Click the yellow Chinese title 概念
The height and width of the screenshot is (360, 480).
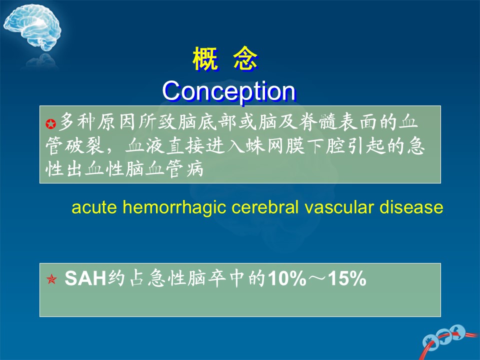(225, 59)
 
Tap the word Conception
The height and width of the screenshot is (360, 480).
(228, 91)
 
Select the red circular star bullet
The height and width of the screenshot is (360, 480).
(51, 123)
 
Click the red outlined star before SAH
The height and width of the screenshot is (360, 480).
(51, 279)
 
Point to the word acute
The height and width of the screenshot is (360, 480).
(94, 207)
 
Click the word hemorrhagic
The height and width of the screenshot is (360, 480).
(174, 208)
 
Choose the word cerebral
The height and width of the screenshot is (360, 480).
(265, 207)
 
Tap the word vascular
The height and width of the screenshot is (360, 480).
(339, 207)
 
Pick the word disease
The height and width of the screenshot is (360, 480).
(411, 207)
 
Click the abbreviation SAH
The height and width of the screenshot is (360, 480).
(85, 278)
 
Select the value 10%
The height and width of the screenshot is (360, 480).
(287, 278)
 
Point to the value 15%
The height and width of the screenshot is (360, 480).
(347, 278)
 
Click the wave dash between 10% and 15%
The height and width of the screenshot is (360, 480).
(317, 278)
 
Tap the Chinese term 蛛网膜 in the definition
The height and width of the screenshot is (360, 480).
(275, 145)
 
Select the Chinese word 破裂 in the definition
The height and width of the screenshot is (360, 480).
(85, 145)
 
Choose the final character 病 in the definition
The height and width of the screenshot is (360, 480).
(195, 169)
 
